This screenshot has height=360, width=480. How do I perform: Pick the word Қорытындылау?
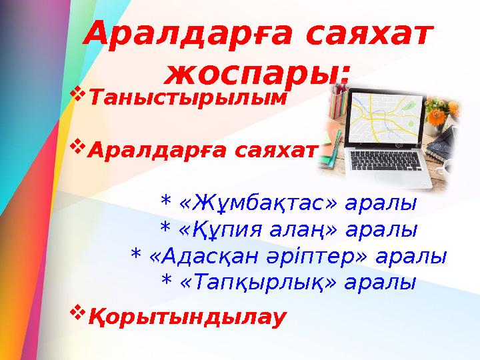(187, 315)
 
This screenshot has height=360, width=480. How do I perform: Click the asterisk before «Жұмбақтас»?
(167, 202)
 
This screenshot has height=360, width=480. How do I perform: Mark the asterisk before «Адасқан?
(136, 257)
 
